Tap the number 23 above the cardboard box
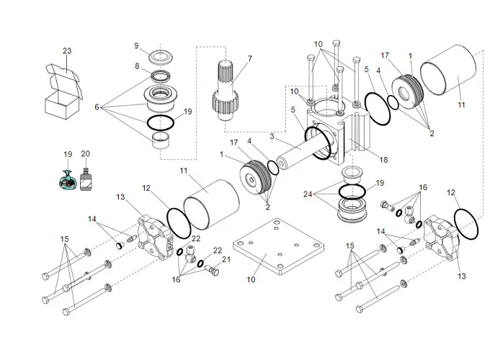(67, 51)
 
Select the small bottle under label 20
(86, 181)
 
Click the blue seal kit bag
(68, 180)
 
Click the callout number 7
(249, 58)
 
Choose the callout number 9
(135, 45)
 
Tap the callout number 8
(135, 66)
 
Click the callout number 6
(97, 107)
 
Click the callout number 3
(272, 136)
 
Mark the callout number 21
(226, 259)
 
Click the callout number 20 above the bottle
(86, 154)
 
